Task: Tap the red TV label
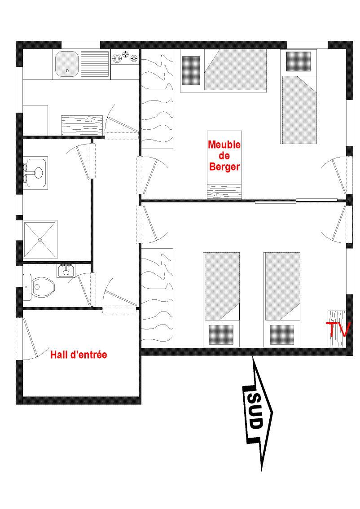338,329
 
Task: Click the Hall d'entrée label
79,355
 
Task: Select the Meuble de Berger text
224,156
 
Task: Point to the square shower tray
40,240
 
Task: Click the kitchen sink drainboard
95,65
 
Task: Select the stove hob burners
125,57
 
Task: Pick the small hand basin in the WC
66,271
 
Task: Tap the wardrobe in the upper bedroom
157,99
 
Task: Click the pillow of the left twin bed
221,333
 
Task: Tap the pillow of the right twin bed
281,333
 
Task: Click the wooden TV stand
336,329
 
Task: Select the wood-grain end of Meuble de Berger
224,190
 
